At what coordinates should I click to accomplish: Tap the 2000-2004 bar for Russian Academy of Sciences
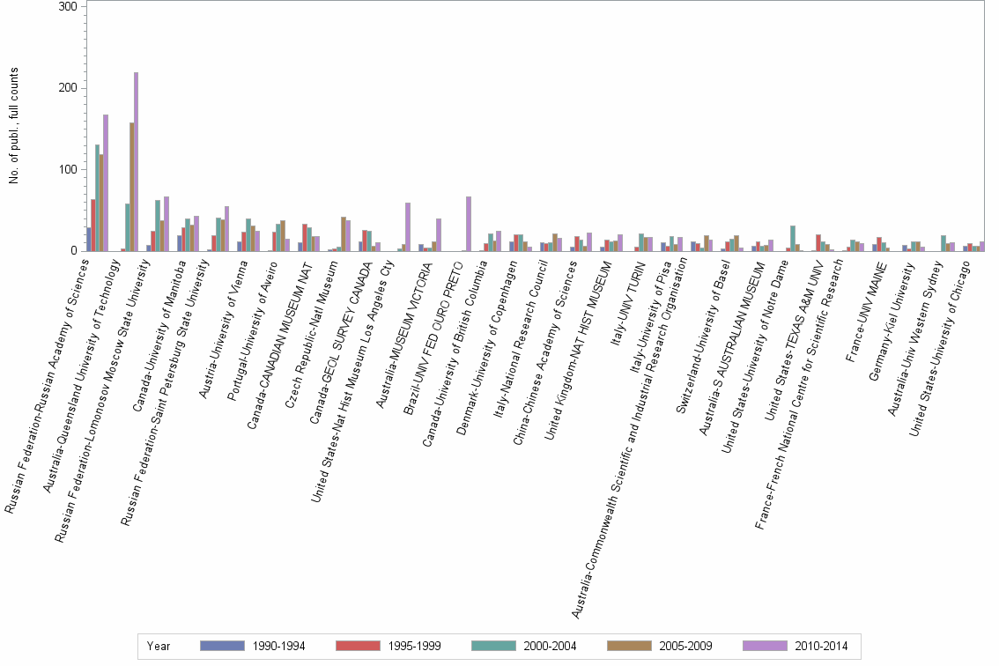pos(97,198)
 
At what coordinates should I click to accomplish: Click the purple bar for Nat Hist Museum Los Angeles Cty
pos(408,227)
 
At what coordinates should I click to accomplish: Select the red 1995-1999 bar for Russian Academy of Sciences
pos(92,226)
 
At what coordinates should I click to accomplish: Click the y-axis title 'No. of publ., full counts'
pos(14,129)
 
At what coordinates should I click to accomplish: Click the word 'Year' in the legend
pos(159,646)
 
